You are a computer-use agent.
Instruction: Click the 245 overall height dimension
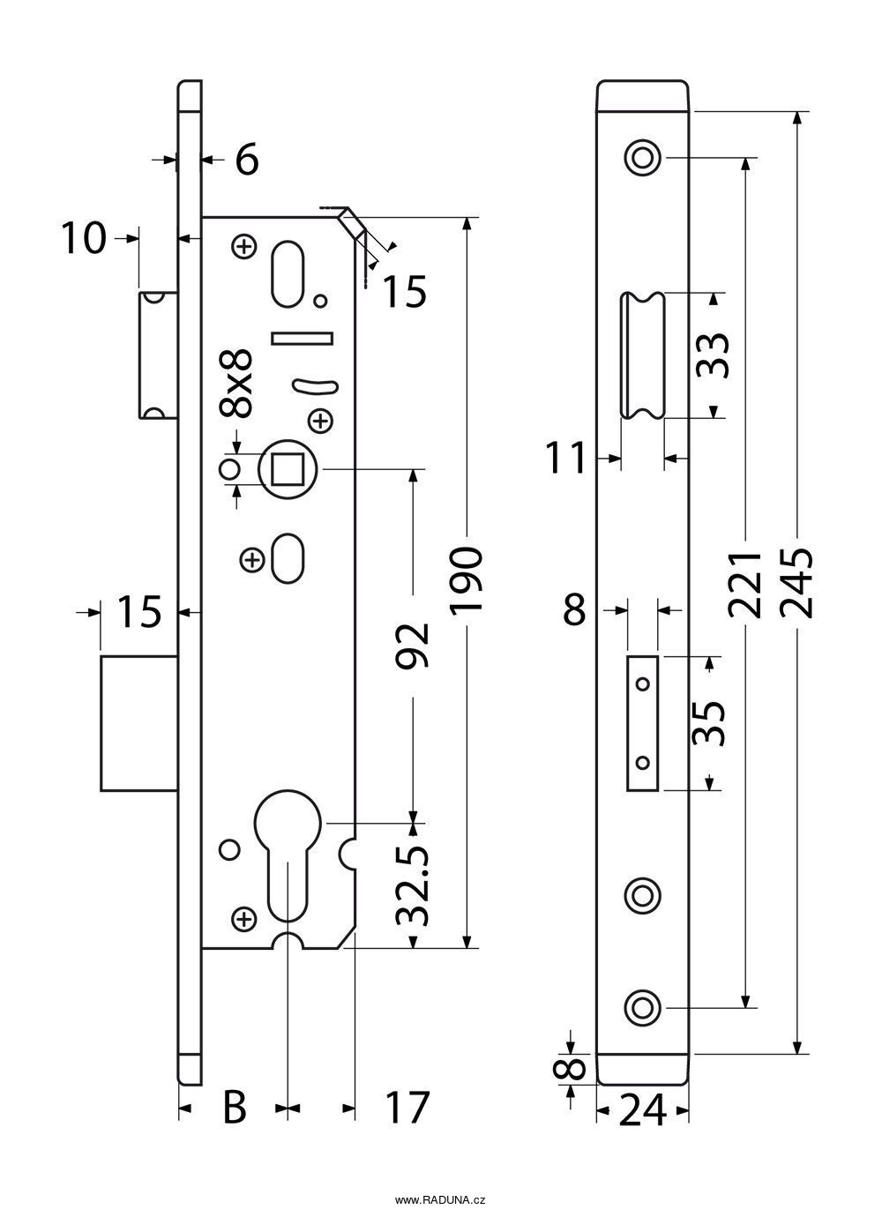(x=797, y=584)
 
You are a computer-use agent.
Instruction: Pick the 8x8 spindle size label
(x=236, y=383)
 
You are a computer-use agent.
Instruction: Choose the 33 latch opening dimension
(x=713, y=355)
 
